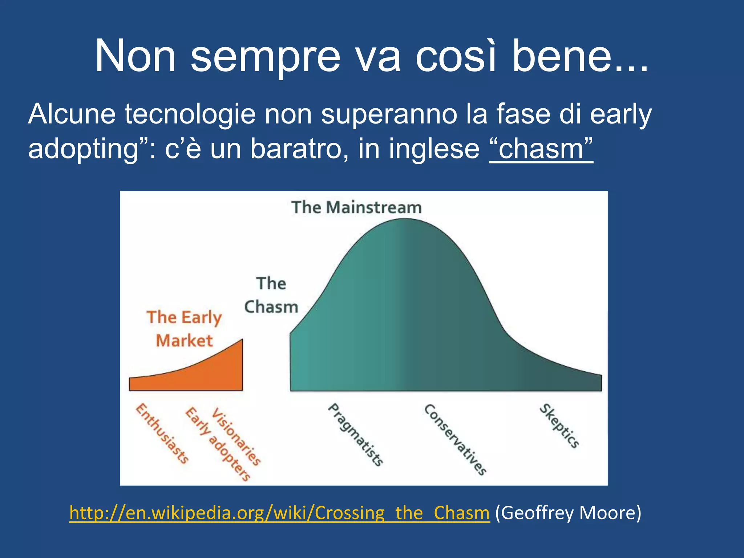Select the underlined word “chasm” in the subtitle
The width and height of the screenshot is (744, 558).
(x=541, y=149)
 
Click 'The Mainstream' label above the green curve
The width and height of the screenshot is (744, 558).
(x=356, y=207)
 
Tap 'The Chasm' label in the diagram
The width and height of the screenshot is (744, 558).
(x=271, y=295)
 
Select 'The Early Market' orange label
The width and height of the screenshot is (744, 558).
(x=184, y=329)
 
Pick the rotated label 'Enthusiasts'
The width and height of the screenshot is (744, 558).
(x=162, y=433)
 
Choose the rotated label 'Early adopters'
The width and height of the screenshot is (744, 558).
(x=217, y=444)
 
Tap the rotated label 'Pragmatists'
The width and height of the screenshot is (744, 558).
(x=355, y=435)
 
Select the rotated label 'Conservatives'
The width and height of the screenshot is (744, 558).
(x=455, y=439)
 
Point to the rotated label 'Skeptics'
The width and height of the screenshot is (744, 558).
(x=559, y=426)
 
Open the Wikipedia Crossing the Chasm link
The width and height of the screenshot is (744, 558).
(x=279, y=513)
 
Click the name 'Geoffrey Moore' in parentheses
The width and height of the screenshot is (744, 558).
(x=568, y=513)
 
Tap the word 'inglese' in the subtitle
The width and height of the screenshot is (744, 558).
(x=434, y=149)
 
